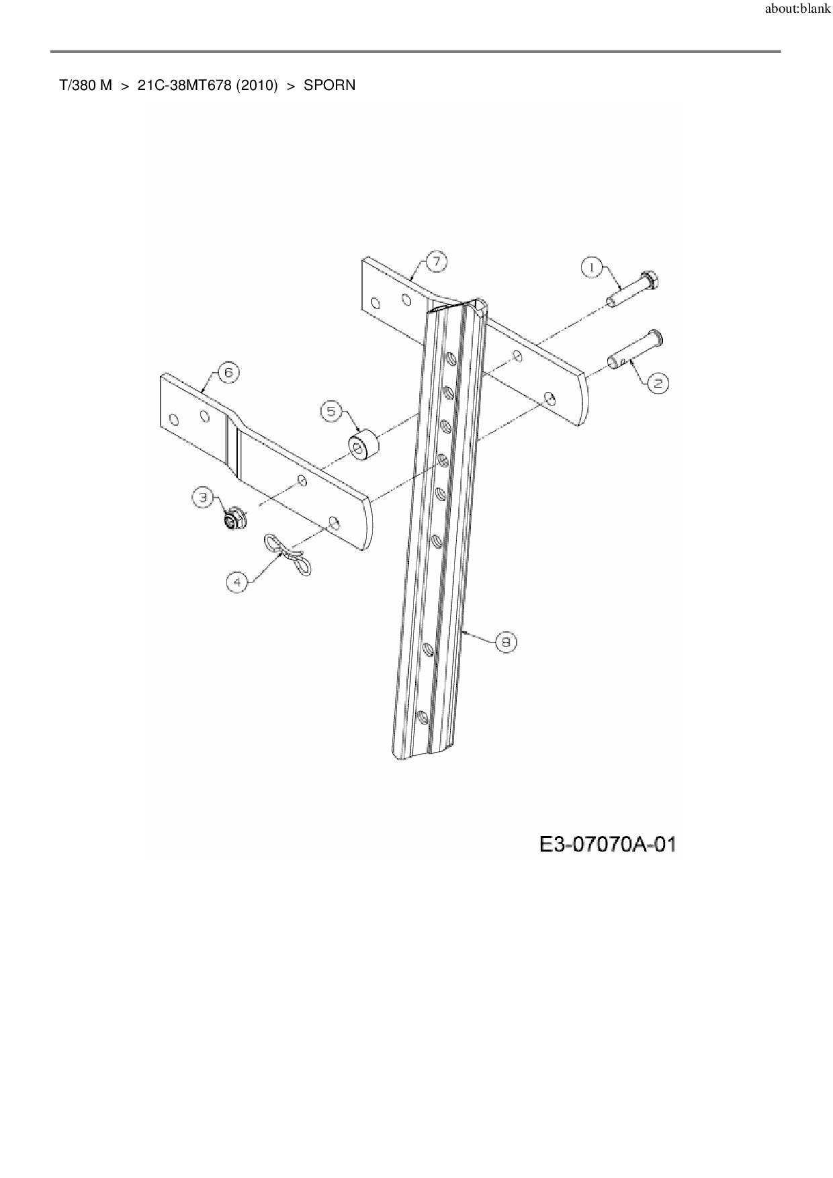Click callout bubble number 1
591,267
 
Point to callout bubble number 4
236,582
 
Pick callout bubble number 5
331,411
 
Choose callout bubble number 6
228,373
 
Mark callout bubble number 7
436,261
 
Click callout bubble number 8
506,643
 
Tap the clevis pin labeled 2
635,349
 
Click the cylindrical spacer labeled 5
363,447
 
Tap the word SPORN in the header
329,86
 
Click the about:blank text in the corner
797,10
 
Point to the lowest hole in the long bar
423,717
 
